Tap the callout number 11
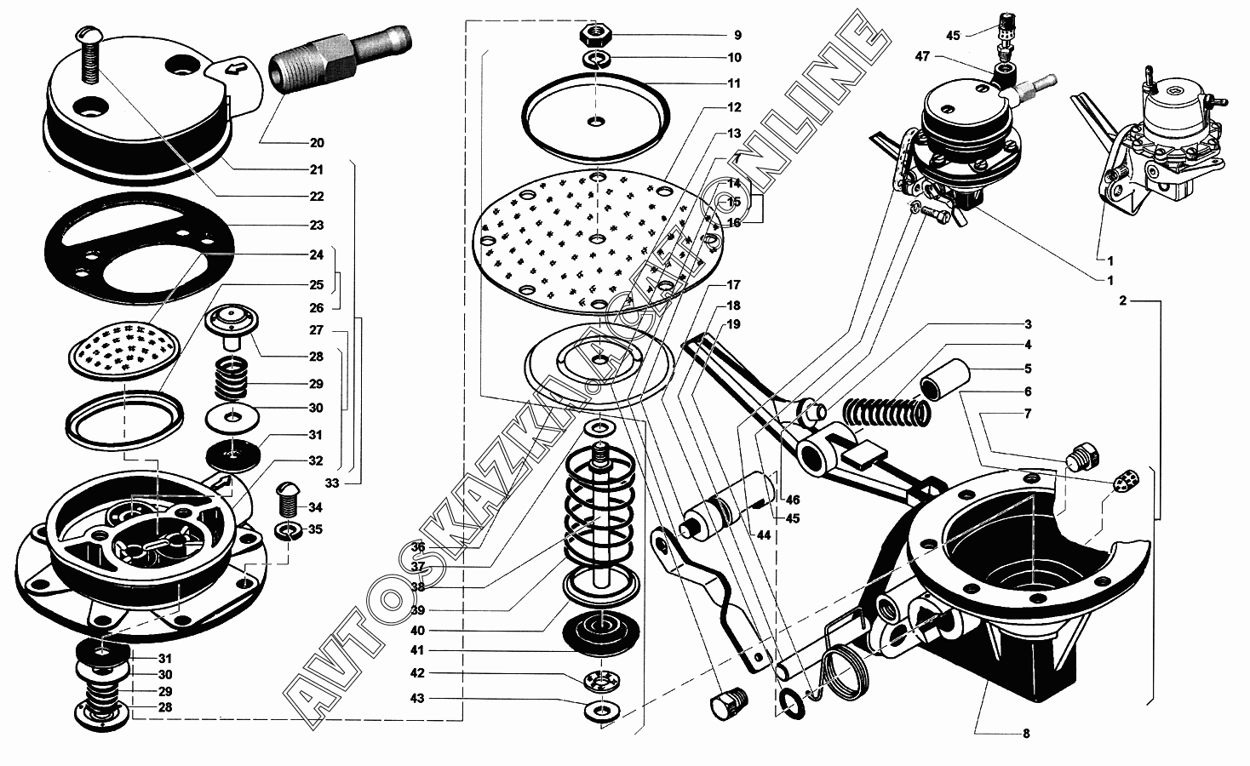click(x=734, y=83)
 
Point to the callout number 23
click(x=316, y=226)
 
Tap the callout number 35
click(x=316, y=529)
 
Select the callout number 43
click(x=417, y=698)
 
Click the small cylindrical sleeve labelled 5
click(x=946, y=376)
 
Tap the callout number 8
click(x=1026, y=733)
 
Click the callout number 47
click(x=921, y=57)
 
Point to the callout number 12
click(x=734, y=107)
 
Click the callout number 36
click(x=417, y=546)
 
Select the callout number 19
click(x=733, y=324)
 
